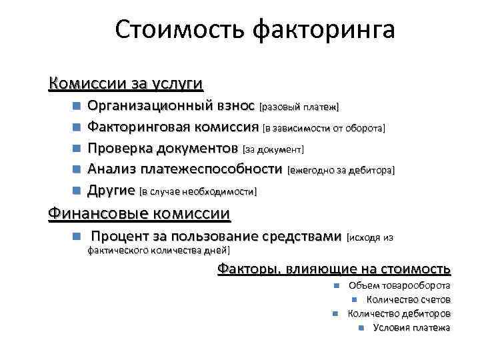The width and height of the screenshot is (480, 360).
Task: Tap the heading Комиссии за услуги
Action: [x=126, y=84]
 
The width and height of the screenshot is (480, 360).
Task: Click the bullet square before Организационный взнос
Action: [x=78, y=106]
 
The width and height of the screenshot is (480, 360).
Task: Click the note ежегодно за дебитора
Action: [x=341, y=170]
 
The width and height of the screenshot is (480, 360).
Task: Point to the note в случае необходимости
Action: [x=197, y=191]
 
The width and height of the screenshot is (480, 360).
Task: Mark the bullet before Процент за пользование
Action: [x=78, y=237]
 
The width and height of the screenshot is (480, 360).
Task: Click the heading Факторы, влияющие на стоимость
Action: [x=334, y=269]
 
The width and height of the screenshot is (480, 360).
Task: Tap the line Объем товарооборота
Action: [x=399, y=285]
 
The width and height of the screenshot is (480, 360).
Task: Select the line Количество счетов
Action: [x=408, y=299]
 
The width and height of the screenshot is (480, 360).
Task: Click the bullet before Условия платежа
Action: [x=361, y=327]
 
